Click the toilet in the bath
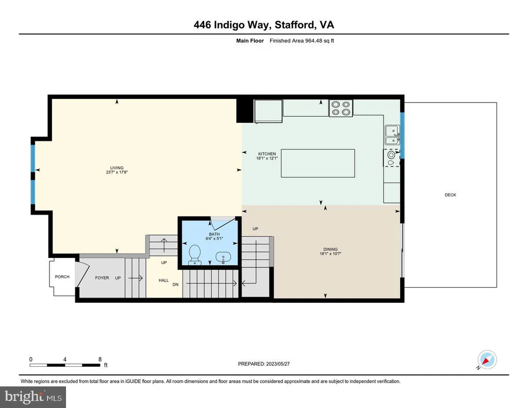pos(194,254)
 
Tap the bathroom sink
pos(223,257)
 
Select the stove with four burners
pos(341,108)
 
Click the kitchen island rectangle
pos(318,163)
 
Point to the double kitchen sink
pos(392,136)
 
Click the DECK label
pos(450,195)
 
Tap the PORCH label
pos(62,276)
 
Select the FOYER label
pos(102,278)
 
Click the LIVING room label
pos(117,168)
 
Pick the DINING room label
pos(331,249)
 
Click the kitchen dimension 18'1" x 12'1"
pos(267,158)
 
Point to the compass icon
pos(487,360)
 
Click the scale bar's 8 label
pos(100,359)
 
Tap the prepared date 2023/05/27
pos(278,364)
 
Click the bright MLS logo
pos(33,397)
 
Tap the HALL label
pos(163,280)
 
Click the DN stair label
pos(175,284)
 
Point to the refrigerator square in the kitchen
pos(268,111)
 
